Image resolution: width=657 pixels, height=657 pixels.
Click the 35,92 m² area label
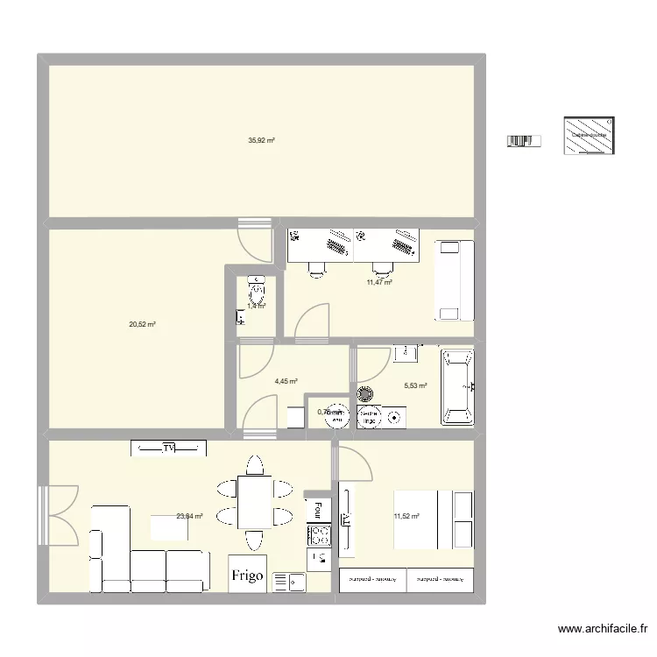tap(261, 140)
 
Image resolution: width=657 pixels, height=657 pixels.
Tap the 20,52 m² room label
tap(142, 324)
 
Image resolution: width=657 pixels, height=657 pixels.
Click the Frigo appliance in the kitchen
tap(248, 575)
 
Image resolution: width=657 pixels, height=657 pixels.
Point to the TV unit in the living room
tap(169, 448)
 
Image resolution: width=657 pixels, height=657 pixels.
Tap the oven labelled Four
tap(315, 507)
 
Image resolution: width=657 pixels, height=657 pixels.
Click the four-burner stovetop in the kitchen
tap(319, 535)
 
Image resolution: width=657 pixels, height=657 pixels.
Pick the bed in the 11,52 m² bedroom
tap(434, 519)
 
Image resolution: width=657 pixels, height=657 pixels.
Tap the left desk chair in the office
tap(316, 269)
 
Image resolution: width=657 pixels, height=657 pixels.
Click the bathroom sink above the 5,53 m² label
tap(406, 354)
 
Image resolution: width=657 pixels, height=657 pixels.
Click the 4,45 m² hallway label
tap(286, 382)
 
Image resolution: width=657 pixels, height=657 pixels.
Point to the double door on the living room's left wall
tap(55, 514)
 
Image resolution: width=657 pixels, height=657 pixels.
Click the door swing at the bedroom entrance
tap(353, 464)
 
